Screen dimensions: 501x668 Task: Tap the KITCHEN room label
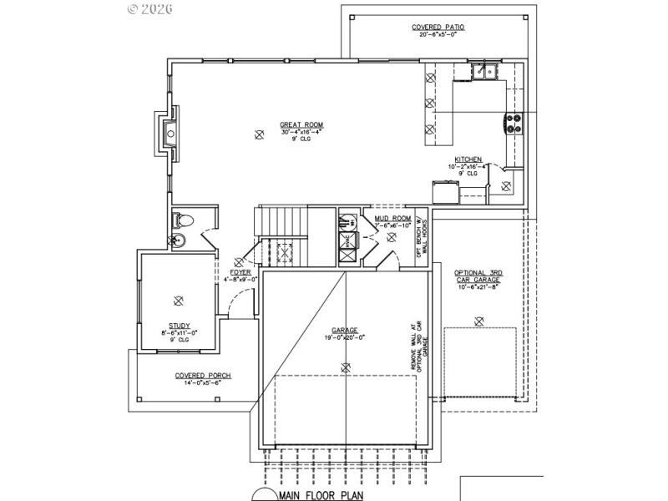coord(468,159)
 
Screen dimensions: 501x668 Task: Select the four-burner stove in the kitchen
coord(513,124)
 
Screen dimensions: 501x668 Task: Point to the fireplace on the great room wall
coord(167,132)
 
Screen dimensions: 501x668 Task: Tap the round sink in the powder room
coord(177,240)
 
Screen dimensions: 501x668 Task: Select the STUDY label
coord(179,326)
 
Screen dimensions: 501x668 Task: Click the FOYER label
coord(241,273)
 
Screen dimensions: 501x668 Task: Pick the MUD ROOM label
coord(392,219)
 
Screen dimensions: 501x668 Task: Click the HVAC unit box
coord(347,243)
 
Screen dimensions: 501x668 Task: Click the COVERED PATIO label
coord(438,28)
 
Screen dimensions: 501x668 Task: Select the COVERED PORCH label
coord(203,376)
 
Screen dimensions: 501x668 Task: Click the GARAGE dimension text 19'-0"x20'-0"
coord(346,337)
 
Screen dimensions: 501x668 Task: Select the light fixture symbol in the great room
coord(259,134)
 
